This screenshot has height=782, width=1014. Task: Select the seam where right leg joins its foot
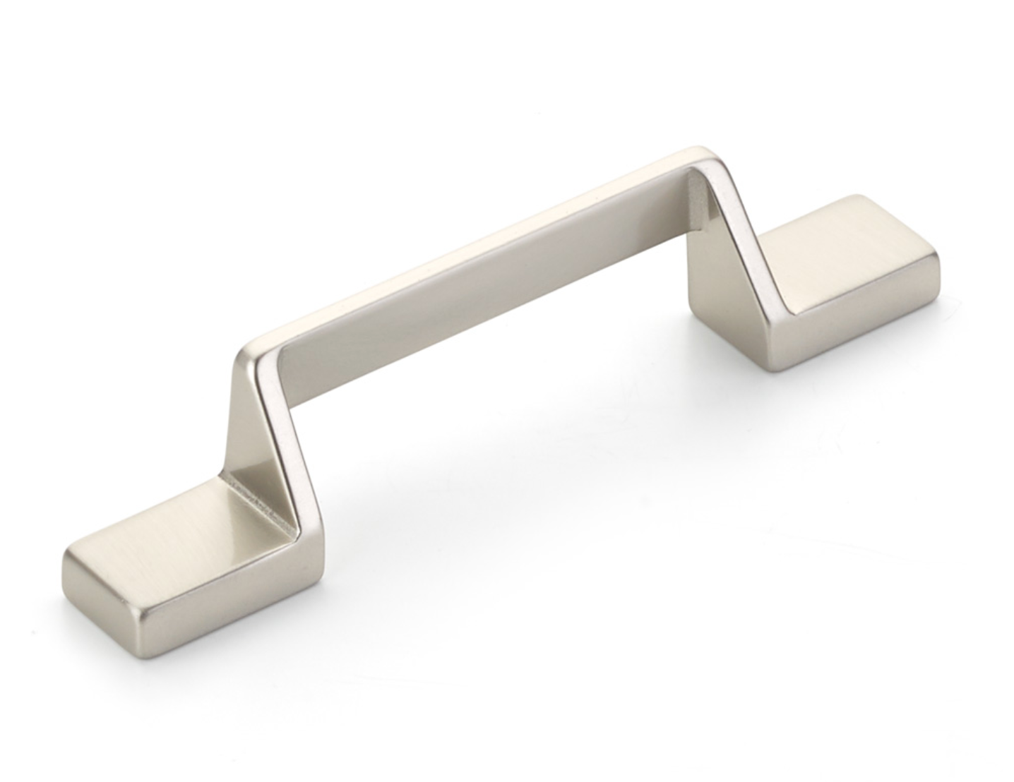click(x=777, y=296)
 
